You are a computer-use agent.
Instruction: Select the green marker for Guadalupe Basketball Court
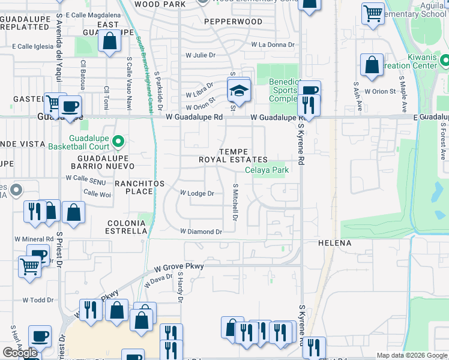[x=118, y=142]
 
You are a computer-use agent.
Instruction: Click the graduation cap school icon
[x=238, y=91]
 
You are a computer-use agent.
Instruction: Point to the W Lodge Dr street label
[x=197, y=193]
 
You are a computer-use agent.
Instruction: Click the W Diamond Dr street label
[x=201, y=231]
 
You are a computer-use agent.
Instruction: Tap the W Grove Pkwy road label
[x=179, y=266]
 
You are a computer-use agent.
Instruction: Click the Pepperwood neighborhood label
[x=233, y=22]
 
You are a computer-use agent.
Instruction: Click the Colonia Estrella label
[x=127, y=226]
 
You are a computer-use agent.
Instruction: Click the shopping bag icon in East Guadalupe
[x=109, y=42]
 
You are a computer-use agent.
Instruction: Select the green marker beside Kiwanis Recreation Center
[x=444, y=61]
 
